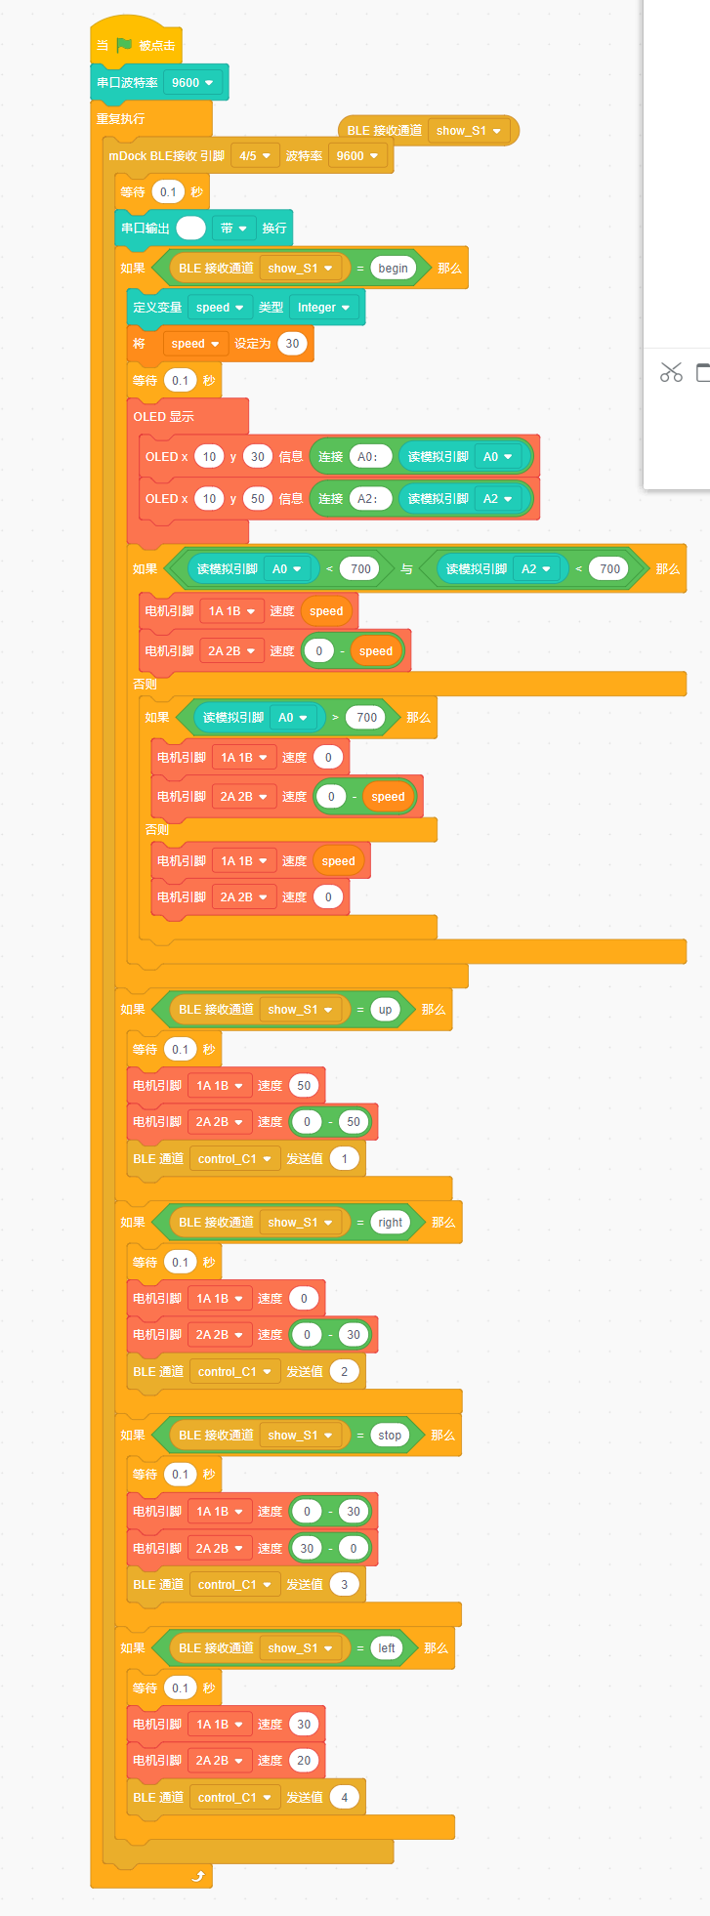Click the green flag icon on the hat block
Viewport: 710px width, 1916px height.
[x=124, y=45]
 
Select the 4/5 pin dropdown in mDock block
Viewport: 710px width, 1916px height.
[x=254, y=156]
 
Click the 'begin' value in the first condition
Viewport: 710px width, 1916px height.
[x=393, y=269]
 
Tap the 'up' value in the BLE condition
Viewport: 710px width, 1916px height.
[x=385, y=1010]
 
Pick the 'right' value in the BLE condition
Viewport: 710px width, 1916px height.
[x=390, y=1223]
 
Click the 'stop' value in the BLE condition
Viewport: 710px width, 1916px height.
[x=390, y=1436]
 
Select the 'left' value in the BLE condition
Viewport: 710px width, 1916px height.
[x=387, y=1648]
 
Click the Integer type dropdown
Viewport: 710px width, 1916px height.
[x=323, y=308]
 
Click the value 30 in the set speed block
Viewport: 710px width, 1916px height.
[x=292, y=344]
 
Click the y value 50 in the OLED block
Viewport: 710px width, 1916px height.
[x=257, y=499]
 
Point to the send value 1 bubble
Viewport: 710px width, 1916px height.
[x=344, y=1159]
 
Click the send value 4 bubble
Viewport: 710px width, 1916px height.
[x=344, y=1798]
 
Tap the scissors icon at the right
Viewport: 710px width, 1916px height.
[x=671, y=372]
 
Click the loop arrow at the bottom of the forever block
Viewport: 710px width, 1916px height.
[x=198, y=1876]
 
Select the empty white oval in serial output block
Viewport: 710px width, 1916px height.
[x=191, y=229]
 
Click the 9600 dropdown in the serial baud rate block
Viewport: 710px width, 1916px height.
[x=191, y=83]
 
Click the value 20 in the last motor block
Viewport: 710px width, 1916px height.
[x=304, y=1761]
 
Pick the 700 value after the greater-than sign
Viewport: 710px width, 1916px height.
[x=366, y=718]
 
